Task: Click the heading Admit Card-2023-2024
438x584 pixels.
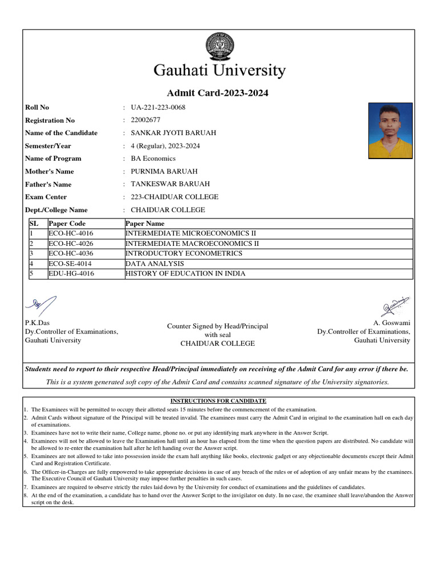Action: pos(217,93)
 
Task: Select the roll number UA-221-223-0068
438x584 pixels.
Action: pos(158,107)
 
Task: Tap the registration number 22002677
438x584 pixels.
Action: pos(145,120)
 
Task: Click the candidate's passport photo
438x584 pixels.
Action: pos(391,131)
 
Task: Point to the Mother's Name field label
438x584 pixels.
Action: pos(50,171)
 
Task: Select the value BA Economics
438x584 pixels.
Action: pos(153,159)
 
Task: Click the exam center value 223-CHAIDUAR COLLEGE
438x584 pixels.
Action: pos(175,197)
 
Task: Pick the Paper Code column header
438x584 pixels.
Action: pos(67,224)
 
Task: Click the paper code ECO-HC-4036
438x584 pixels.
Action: pos(71,253)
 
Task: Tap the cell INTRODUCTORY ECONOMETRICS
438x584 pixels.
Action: pos(184,253)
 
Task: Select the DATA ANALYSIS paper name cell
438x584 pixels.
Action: pos(155,263)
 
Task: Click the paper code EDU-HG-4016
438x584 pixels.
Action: pos(71,274)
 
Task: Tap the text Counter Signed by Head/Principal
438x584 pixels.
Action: pos(217,326)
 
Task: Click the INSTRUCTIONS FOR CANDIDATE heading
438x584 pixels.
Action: pos(218,401)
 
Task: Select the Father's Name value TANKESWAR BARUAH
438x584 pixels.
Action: pos(170,184)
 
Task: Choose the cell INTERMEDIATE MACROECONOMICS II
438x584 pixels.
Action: pos(192,244)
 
